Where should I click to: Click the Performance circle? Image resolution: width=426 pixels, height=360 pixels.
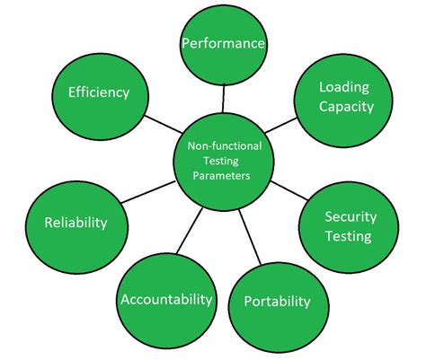coord(224,42)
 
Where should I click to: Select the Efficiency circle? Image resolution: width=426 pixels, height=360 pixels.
coord(99,92)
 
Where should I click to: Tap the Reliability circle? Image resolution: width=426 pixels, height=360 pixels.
coord(75,222)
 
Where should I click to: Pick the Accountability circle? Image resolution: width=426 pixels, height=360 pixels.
coord(165,298)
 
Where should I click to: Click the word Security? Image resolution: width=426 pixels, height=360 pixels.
coord(350,217)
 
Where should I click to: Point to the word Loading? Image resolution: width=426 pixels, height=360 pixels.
coord(345,87)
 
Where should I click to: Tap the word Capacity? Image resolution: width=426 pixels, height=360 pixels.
coord(345,107)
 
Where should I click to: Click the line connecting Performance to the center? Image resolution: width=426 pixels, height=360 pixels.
coord(225,98)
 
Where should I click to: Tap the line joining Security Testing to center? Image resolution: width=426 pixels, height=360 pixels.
coord(288,191)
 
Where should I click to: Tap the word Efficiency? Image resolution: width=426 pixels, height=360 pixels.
coord(99,92)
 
